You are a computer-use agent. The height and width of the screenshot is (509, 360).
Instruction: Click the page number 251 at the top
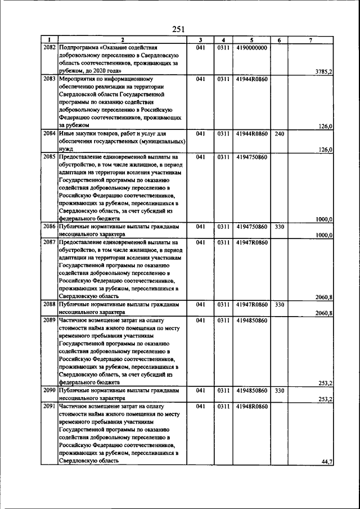coord(179,29)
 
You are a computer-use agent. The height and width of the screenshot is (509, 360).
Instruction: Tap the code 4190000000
coord(251,48)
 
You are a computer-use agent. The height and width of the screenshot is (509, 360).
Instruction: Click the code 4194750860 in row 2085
coord(251,157)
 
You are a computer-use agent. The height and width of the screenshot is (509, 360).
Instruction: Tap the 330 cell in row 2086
coord(279,227)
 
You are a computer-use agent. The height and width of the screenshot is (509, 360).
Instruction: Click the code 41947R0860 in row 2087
coord(251,242)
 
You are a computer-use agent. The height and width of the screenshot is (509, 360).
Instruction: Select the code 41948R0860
coord(251,406)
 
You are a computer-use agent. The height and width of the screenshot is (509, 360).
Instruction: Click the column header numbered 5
coord(251,40)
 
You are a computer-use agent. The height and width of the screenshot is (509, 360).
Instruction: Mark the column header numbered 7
coord(310,40)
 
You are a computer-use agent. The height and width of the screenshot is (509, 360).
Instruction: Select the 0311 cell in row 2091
coord(224,406)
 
